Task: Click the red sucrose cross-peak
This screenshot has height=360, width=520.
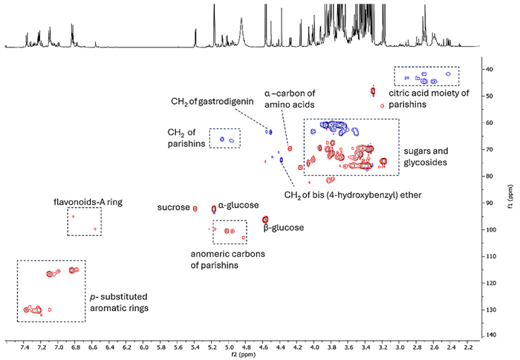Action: [195, 209]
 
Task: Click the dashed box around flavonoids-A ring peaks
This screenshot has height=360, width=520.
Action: [84, 221]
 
